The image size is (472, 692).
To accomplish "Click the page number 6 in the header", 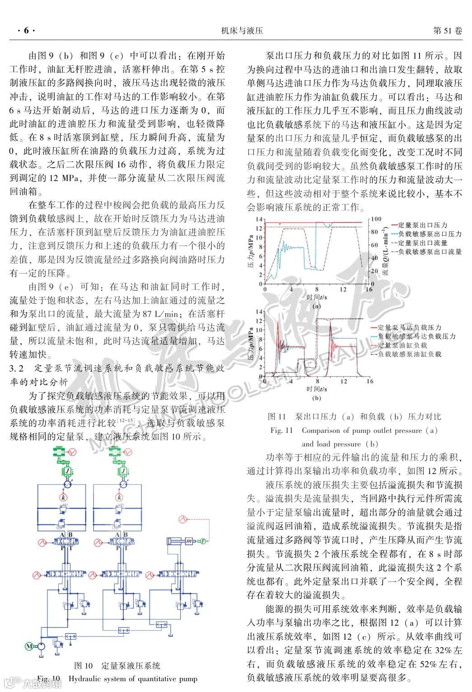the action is pyautogui.click(x=26, y=31).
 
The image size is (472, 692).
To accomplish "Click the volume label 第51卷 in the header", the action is pyautogui.click(x=447, y=31).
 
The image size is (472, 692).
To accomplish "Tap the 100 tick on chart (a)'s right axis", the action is pyautogui.click(x=376, y=219).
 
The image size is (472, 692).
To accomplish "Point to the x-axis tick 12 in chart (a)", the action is pyautogui.click(x=343, y=289).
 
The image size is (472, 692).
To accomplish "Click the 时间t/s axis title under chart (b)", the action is pyautogui.click(x=316, y=389).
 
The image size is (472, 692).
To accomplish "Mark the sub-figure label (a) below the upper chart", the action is pyautogui.click(x=316, y=306).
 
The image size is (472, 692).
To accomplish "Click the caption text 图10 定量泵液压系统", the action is pyautogui.click(x=117, y=665).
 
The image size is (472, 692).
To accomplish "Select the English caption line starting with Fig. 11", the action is pyautogui.click(x=354, y=430).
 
